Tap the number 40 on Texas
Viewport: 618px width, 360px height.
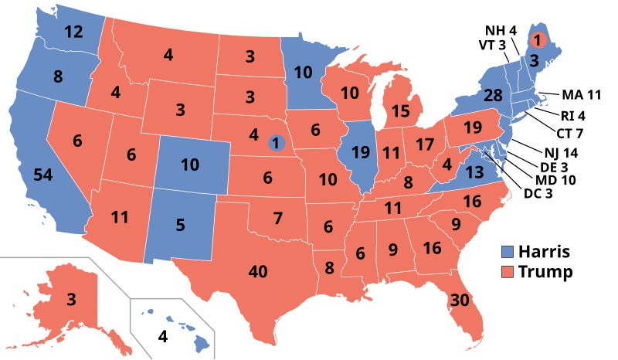(257, 271)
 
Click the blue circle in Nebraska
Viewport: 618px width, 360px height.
(276, 142)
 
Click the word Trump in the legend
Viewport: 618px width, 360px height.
(545, 272)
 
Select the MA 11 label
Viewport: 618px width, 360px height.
(582, 95)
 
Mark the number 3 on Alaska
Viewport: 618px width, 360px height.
(70, 300)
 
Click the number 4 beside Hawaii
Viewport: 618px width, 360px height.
(163, 336)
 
